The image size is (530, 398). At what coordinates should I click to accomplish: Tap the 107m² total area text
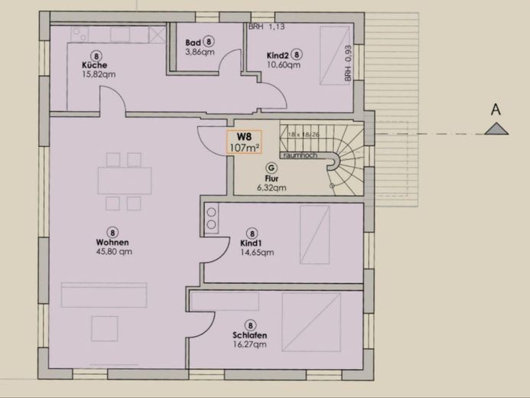click(245, 149)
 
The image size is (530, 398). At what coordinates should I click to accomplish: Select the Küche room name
click(95, 65)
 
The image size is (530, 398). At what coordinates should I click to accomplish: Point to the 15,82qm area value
click(99, 75)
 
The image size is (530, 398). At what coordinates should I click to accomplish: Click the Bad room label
click(193, 43)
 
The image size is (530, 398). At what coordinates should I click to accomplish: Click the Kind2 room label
click(277, 55)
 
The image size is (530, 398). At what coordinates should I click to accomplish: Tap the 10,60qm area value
click(284, 65)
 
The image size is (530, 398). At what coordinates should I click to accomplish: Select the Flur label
click(271, 178)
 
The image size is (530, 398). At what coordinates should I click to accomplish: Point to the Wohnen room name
click(112, 242)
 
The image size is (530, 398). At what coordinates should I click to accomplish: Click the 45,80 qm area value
click(114, 251)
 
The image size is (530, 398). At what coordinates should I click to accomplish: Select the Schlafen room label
click(249, 335)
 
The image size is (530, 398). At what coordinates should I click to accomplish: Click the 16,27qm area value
click(250, 345)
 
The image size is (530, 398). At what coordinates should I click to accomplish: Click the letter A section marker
click(496, 110)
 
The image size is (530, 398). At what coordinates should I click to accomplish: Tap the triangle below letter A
click(496, 129)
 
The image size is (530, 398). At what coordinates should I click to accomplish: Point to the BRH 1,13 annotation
click(267, 27)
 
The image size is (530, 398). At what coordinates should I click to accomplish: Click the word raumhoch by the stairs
click(299, 155)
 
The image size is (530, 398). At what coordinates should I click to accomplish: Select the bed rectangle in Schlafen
click(311, 321)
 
